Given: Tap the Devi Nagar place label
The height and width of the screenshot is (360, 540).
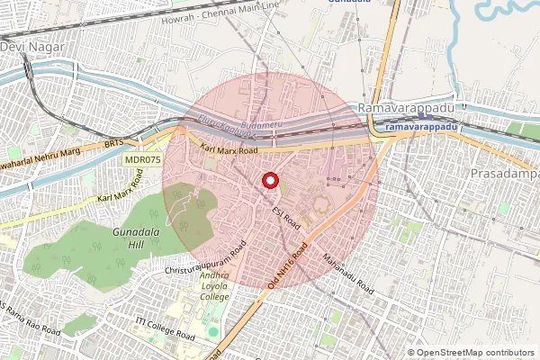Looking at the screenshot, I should tap(26, 45).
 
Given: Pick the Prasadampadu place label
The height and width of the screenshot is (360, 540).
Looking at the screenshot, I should tap(505, 171).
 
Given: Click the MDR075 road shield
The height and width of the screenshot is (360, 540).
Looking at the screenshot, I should tap(143, 159).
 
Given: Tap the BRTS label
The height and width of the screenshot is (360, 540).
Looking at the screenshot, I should tap(113, 142).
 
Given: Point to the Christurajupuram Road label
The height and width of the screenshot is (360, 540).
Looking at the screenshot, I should tap(205, 259).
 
